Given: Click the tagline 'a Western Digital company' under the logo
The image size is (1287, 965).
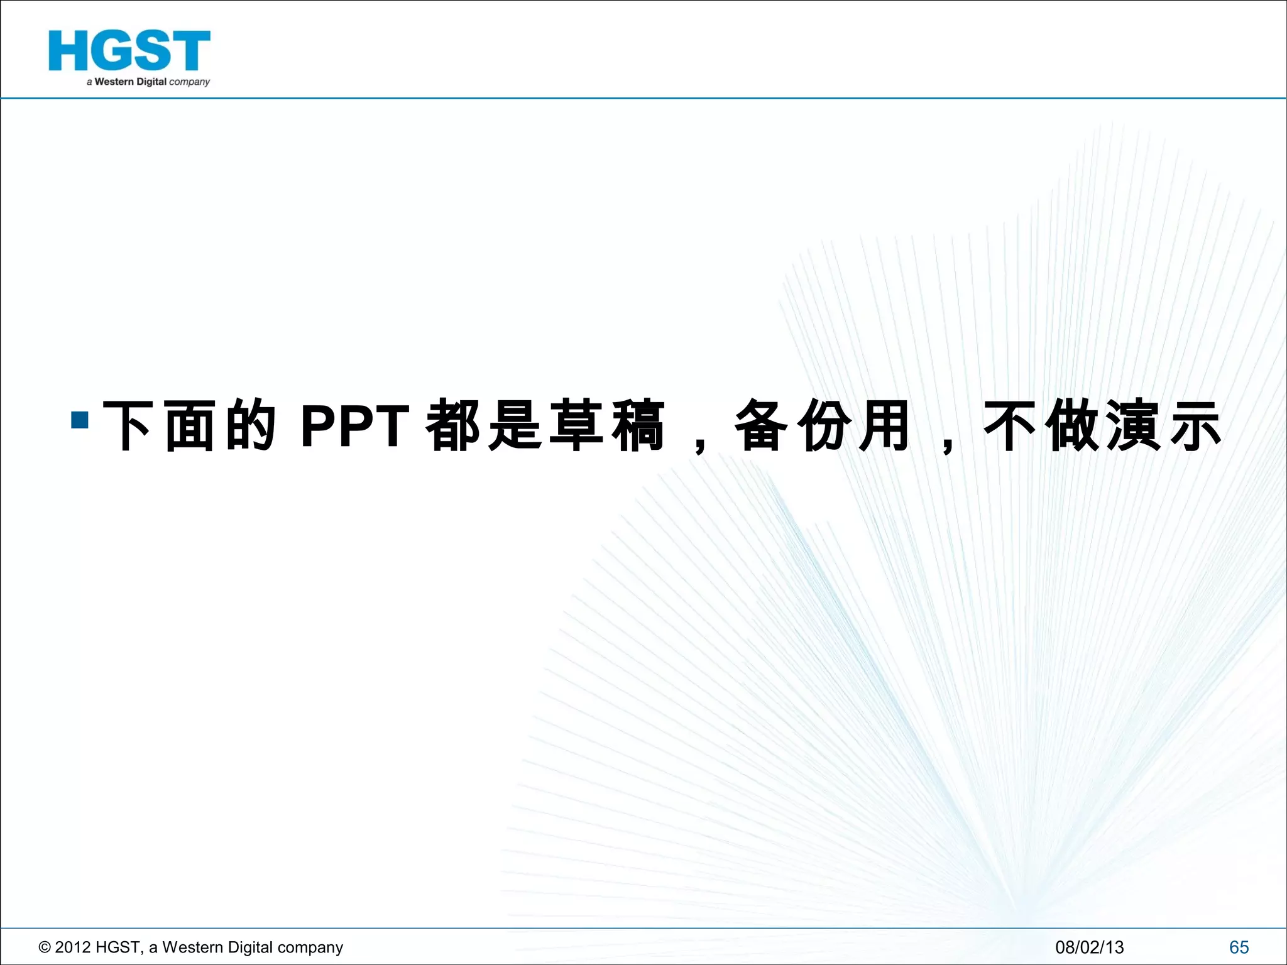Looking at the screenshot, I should [x=148, y=82].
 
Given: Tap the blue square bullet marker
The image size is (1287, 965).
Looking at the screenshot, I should [x=80, y=420].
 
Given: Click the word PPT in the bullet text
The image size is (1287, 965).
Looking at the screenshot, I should [x=354, y=426].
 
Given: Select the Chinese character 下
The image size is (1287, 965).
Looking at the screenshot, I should [x=127, y=426].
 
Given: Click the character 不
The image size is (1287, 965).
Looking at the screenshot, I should [x=1009, y=426].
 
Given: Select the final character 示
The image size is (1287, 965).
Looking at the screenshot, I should [x=1194, y=426].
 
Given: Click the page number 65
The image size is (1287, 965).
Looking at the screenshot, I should [x=1239, y=947].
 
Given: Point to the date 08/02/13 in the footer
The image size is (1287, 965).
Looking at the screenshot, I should [x=1089, y=947].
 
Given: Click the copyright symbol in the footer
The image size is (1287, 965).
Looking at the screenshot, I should [x=45, y=947].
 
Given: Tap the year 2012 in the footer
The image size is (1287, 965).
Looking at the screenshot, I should [x=73, y=947].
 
